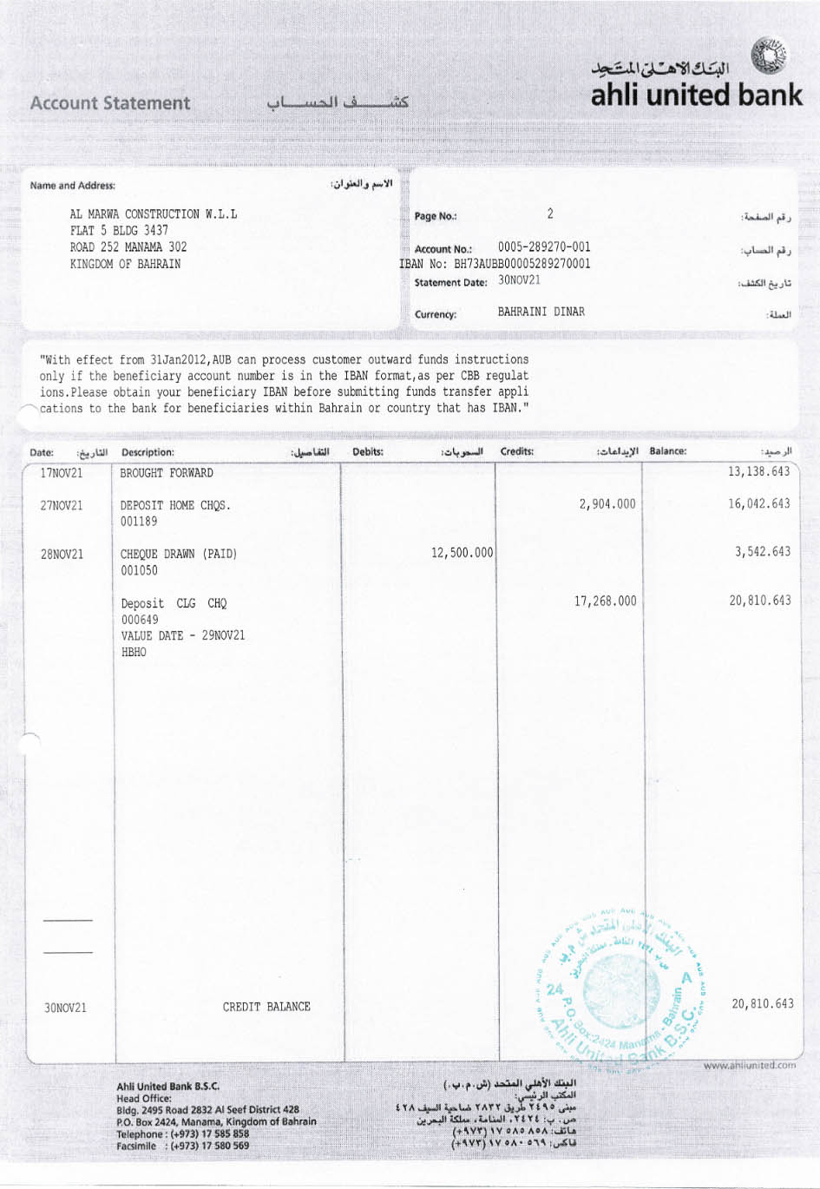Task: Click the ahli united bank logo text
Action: [696, 95]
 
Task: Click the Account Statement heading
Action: [110, 103]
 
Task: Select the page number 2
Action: [550, 213]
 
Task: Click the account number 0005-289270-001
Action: [544, 247]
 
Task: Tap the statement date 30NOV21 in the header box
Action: [519, 280]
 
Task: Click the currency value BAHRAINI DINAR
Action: [541, 312]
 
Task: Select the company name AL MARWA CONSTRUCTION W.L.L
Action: [154, 214]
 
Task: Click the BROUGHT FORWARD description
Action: [167, 473]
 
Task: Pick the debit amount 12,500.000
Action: [462, 553]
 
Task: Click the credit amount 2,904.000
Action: [607, 503]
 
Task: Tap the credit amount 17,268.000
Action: [605, 601]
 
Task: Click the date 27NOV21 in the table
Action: [62, 505]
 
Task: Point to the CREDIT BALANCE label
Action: [266, 1007]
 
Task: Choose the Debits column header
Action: [368, 452]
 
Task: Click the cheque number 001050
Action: [139, 570]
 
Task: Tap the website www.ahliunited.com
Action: [749, 1065]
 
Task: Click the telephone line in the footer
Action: [182, 1133]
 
